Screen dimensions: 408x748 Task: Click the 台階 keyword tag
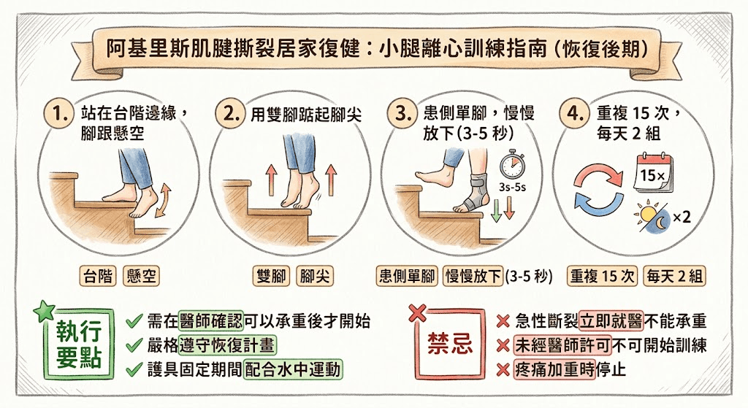pos(99,277)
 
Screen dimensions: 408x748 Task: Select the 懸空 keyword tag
pos(141,277)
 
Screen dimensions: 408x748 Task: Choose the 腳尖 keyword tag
pos(315,277)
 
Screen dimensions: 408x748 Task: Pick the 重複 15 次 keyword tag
pos(603,277)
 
